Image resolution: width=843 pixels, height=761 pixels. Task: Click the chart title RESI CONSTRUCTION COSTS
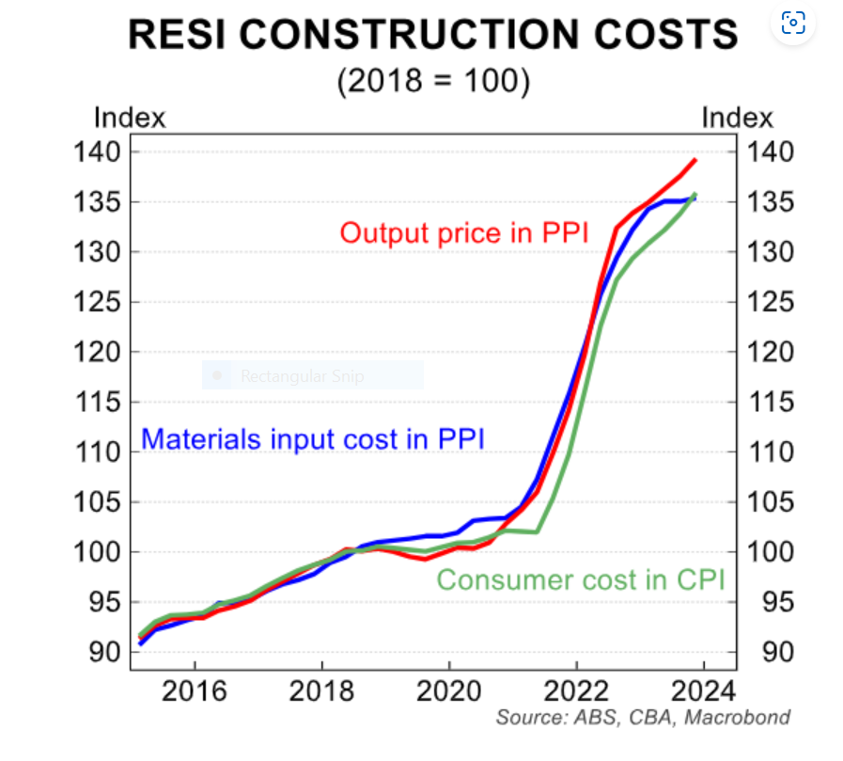tap(433, 35)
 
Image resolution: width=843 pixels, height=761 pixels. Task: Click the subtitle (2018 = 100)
tap(433, 80)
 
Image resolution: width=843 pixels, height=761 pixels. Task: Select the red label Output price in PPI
tap(464, 232)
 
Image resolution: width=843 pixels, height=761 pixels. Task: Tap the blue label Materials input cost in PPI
tap(313, 438)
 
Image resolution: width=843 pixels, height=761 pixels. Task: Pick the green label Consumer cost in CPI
tap(581, 579)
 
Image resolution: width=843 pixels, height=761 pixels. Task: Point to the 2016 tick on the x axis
tap(195, 692)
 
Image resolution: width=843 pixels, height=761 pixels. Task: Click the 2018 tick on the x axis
tap(321, 692)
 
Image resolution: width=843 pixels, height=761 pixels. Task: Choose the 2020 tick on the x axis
tap(448, 692)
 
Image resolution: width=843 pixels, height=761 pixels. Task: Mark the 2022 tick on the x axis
tap(574, 692)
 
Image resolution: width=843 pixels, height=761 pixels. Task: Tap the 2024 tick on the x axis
tap(700, 692)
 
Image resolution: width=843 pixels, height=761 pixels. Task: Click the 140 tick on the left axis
tap(98, 152)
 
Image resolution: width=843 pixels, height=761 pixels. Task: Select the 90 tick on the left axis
tap(105, 652)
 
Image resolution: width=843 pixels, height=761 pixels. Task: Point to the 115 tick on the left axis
tap(98, 403)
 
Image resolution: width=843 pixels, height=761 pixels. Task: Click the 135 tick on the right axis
tap(771, 202)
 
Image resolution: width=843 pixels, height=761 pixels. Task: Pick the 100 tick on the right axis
tap(771, 552)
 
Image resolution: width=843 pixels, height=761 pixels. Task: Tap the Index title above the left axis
tap(130, 118)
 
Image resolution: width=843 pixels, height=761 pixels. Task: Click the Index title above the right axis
tap(738, 118)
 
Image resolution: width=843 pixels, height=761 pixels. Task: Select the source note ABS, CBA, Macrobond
tap(644, 718)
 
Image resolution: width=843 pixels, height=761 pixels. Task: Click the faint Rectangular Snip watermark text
tap(302, 377)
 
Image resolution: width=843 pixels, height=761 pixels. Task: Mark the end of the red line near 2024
tap(695, 160)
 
